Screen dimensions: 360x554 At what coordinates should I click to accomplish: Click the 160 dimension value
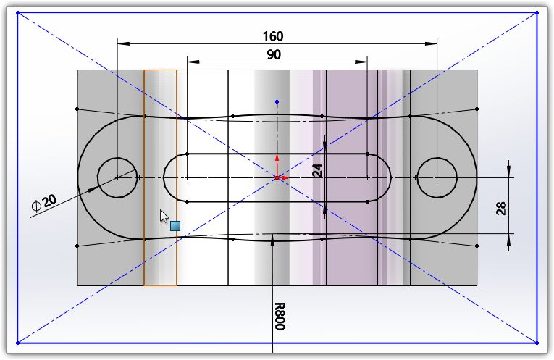coord(273,36)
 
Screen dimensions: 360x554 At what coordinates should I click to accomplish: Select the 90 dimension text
coord(273,54)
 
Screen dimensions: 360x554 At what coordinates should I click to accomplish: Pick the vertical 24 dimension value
coord(316,169)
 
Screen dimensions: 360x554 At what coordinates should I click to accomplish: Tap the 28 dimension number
coord(501,209)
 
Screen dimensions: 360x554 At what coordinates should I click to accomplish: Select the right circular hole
coord(437,177)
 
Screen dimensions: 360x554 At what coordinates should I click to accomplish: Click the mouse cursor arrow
coord(164,216)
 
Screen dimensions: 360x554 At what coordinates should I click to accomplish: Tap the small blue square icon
coord(175,226)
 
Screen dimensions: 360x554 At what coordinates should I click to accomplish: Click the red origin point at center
coord(277,177)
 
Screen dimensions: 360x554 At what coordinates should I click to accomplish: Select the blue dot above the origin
coord(277,101)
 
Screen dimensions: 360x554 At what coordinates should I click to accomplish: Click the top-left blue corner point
coord(17,12)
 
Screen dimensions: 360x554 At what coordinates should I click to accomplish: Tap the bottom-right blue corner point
coord(537,342)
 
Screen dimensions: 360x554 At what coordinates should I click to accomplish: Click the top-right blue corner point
coord(537,12)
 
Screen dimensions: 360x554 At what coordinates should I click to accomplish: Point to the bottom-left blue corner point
coord(17,342)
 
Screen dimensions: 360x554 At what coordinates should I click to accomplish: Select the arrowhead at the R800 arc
coord(272,240)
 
